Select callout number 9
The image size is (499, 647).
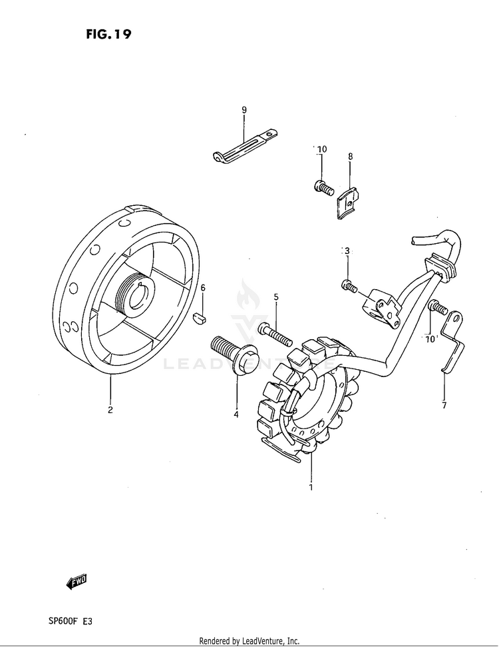[x=244, y=109]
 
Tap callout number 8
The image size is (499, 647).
[x=350, y=157]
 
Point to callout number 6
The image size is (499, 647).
[x=204, y=287]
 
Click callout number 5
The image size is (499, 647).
[x=276, y=297]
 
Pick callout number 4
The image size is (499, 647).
[x=236, y=414]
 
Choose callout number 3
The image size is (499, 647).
[x=346, y=251]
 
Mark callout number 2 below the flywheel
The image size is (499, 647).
[x=110, y=410]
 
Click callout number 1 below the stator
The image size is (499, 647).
[x=310, y=487]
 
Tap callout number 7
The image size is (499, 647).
[x=444, y=404]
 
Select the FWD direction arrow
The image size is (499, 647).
[x=77, y=582]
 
